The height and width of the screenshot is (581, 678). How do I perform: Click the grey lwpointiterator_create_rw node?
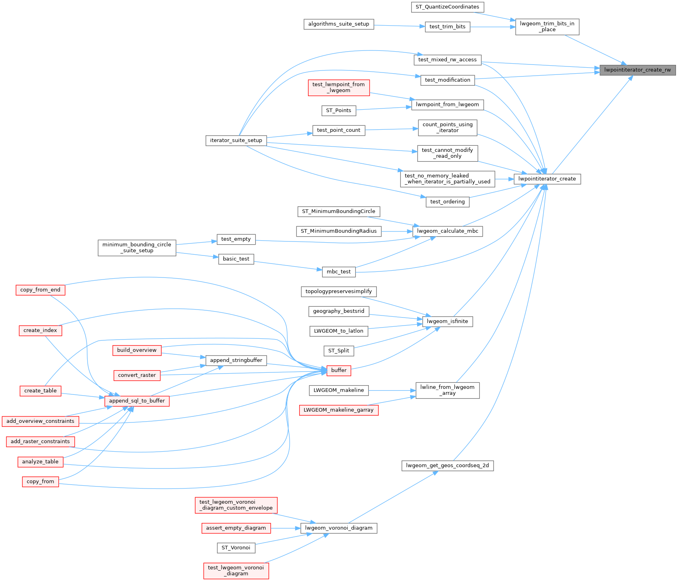coord(638,70)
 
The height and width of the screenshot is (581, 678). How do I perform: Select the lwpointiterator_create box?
coord(547,179)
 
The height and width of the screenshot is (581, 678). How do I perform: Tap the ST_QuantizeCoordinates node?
coord(448,7)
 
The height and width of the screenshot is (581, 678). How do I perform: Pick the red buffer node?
coord(339,370)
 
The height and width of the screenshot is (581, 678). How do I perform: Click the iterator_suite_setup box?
coord(236,141)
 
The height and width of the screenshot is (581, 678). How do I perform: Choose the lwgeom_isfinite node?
coord(448,322)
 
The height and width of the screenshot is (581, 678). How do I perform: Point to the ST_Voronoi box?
coord(236,548)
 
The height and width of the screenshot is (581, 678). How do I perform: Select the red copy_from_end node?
coord(40,290)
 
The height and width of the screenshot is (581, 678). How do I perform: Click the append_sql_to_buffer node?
coord(137,401)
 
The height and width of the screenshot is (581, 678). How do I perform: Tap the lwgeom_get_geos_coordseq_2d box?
coord(448,466)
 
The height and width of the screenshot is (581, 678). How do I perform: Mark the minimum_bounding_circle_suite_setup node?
coord(137,248)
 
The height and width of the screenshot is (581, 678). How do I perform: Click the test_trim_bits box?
coord(448,27)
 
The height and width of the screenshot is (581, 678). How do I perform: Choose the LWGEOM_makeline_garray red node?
coord(339,410)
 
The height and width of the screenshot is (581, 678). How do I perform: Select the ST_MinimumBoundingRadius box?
coord(339,231)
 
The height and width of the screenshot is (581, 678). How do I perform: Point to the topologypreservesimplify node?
coord(339,292)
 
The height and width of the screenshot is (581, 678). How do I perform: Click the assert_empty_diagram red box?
coord(236,528)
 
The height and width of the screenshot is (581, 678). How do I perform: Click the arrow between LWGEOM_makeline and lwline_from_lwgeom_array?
coord(392,390)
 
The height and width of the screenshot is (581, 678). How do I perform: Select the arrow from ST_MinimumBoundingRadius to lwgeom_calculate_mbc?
coord(397,231)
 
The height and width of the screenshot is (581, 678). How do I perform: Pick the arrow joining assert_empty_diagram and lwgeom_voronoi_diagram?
coord(286,528)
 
